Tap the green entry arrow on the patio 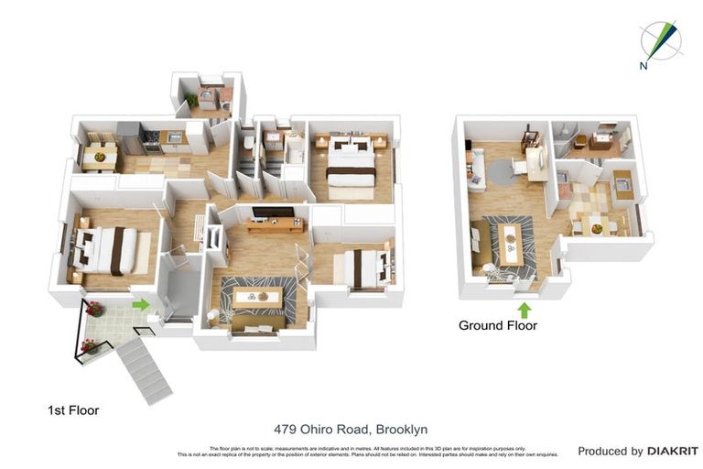(140, 303)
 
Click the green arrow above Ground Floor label (524, 310)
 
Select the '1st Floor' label (73, 410)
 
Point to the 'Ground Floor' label (497, 325)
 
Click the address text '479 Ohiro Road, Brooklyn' (351, 429)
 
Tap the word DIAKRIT (673, 451)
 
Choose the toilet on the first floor (249, 143)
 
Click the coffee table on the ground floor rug (511, 239)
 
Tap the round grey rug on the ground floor (501, 171)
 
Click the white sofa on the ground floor (475, 170)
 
